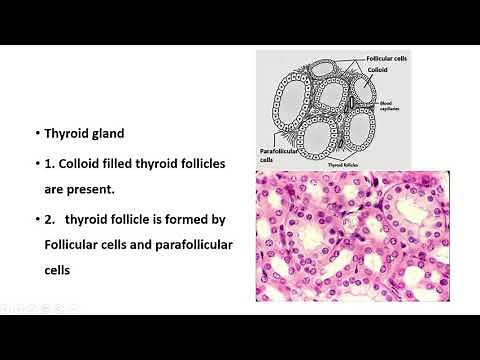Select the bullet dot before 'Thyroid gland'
[37, 132]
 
